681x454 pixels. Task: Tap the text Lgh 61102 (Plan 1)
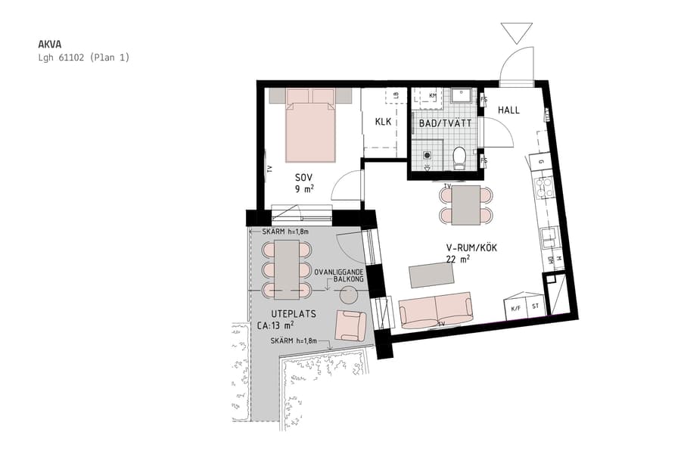(x=84, y=58)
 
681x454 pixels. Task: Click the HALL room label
(x=508, y=110)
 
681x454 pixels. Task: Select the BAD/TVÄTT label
(x=446, y=123)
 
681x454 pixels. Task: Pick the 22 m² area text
(x=459, y=259)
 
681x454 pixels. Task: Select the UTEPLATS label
(x=292, y=313)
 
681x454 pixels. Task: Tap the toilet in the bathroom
(x=459, y=157)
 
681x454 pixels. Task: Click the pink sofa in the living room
(x=435, y=311)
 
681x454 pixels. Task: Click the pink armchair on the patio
(x=350, y=325)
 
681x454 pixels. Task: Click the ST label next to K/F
(x=536, y=308)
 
